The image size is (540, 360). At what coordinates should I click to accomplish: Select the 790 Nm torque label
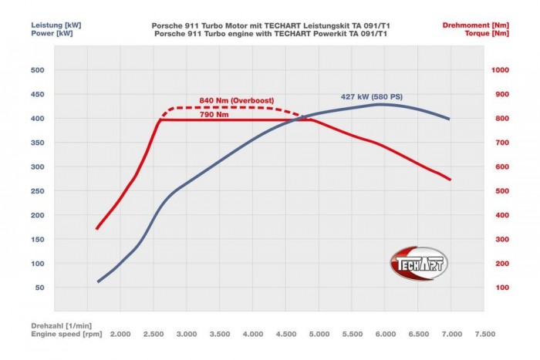[214, 114]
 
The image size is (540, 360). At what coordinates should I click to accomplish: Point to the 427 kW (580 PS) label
[372, 96]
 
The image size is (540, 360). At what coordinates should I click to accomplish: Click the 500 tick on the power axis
[37, 70]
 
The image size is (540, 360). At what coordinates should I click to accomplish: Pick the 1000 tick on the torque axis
[502, 70]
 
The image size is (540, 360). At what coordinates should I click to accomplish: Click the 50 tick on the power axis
[39, 288]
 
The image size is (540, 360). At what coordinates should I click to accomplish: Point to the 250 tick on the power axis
[37, 191]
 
